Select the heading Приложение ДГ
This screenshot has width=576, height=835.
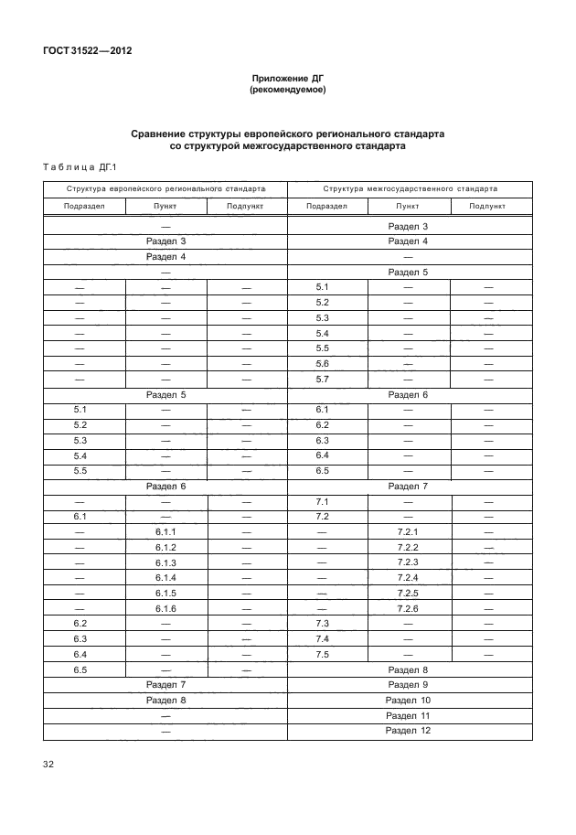tap(287, 80)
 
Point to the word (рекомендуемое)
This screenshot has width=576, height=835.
tap(287, 91)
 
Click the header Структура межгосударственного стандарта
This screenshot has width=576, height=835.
tap(410, 187)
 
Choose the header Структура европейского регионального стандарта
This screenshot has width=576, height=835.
tap(165, 187)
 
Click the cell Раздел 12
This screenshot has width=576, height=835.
tap(408, 730)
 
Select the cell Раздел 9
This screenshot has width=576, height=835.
tap(408, 684)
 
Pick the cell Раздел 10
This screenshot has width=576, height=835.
tap(408, 700)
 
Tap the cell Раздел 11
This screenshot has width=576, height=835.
tap(408, 715)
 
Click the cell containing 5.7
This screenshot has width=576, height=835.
tap(322, 379)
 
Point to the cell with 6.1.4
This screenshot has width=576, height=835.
tap(165, 578)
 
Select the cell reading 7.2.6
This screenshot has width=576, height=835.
tap(408, 609)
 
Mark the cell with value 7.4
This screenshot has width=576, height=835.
tap(322, 638)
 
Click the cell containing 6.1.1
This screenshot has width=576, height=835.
tap(165, 532)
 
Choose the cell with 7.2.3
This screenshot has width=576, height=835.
tap(408, 562)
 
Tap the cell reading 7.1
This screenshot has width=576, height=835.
tap(322, 502)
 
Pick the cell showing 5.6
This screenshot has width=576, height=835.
tap(322, 363)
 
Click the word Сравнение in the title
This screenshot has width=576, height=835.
tap(158, 133)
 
